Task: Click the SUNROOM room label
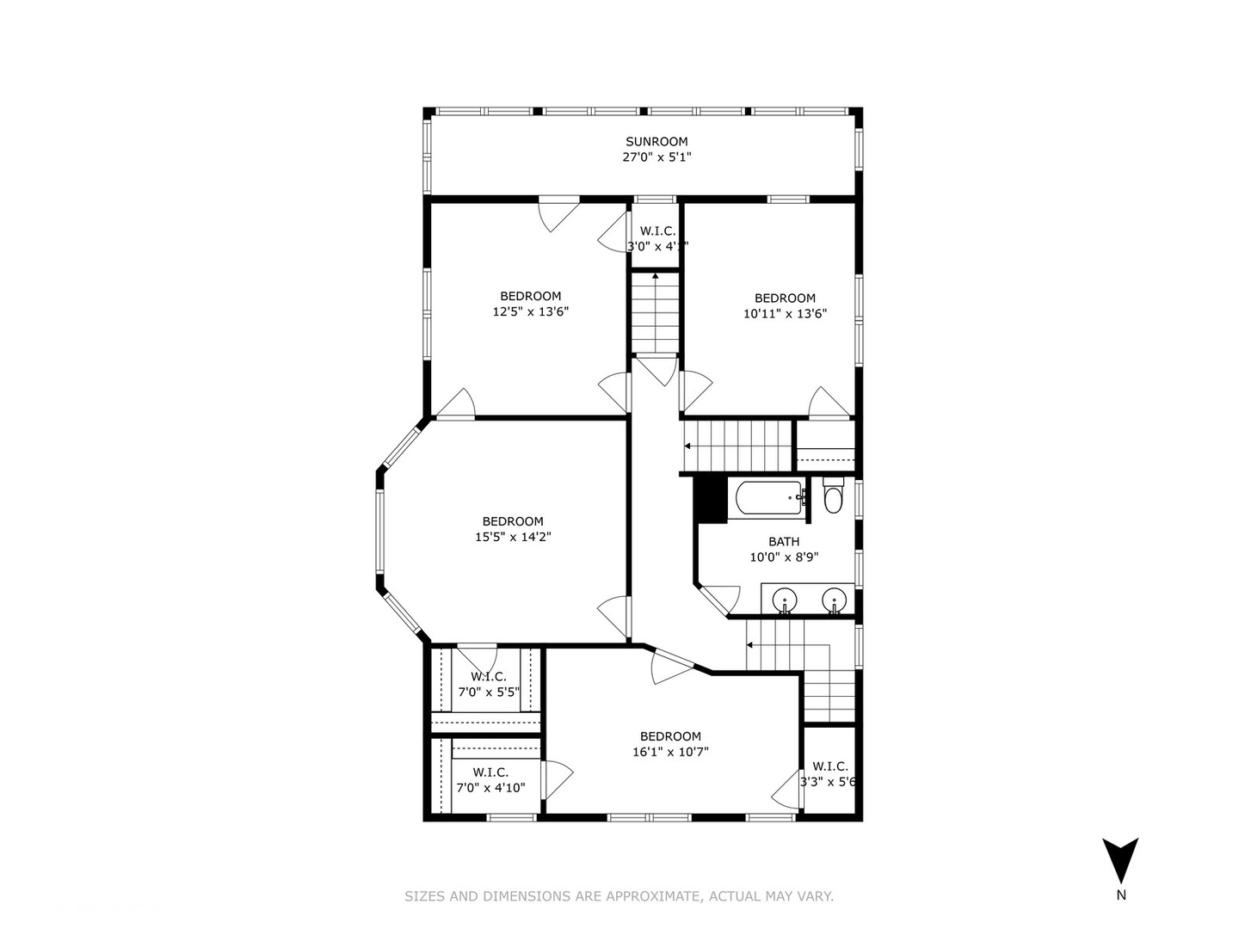pos(656,142)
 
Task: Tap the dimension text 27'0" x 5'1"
pos(656,157)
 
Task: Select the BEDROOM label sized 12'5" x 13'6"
pos(530,297)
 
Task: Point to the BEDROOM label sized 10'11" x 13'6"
pos(785,298)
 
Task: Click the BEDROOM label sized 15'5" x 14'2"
pos(513,521)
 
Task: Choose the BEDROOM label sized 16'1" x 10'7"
pos(670,736)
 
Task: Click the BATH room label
pos(784,542)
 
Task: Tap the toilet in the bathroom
pos(832,498)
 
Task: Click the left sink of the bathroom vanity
pos(784,599)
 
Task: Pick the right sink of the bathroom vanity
pos(833,599)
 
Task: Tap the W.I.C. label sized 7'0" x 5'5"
pos(488,677)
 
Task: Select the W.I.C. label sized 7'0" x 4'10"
pos(490,772)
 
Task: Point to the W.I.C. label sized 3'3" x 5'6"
pos(829,766)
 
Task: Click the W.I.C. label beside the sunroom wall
pos(657,231)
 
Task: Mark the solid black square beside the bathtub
pos(711,499)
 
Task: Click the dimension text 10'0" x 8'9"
pos(784,557)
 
